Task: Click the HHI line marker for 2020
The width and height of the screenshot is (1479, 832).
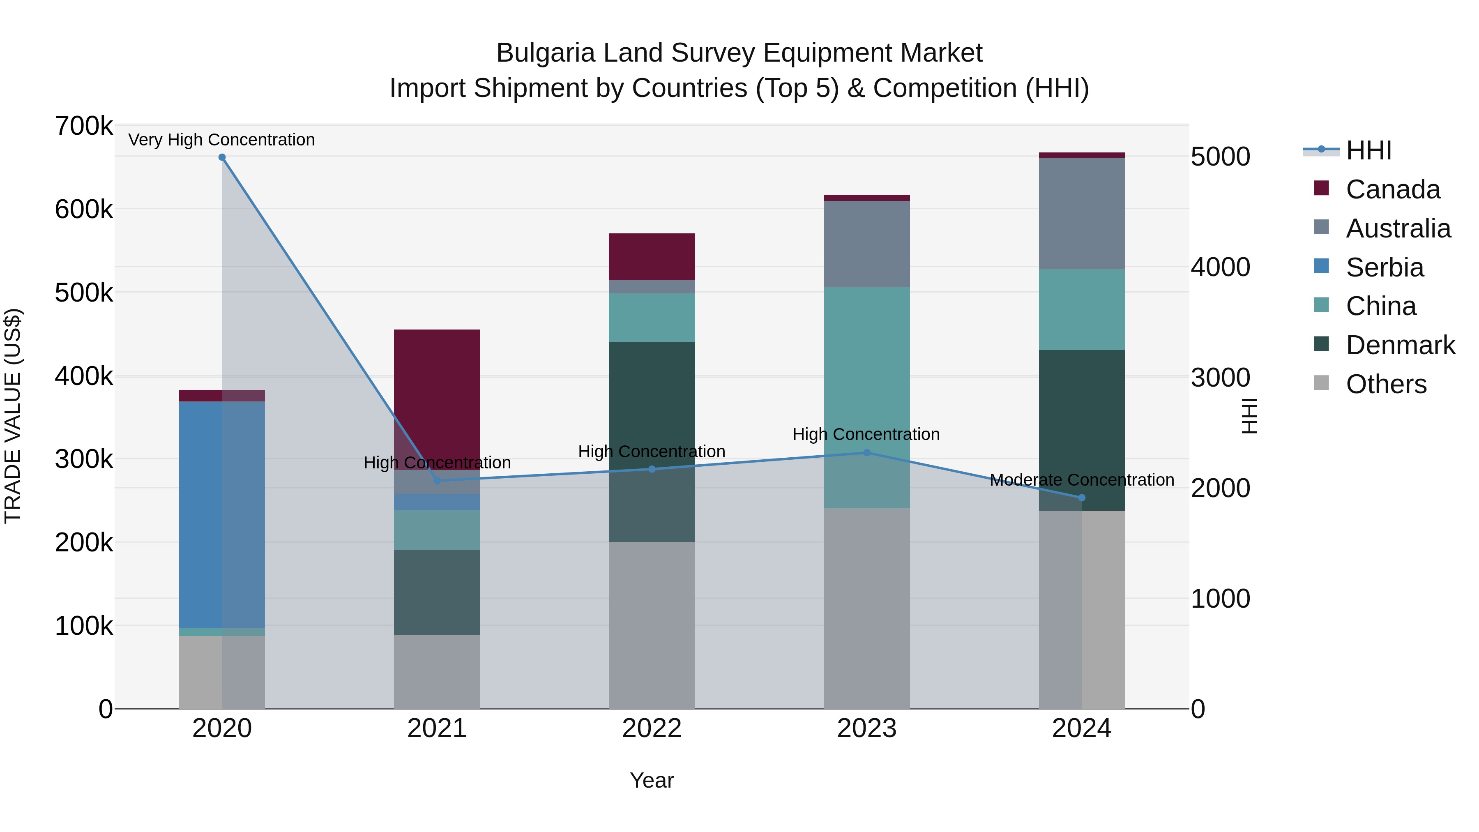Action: pyautogui.click(x=222, y=157)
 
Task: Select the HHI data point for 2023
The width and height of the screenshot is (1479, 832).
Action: pyautogui.click(x=867, y=453)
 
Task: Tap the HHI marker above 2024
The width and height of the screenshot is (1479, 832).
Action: pyautogui.click(x=1082, y=498)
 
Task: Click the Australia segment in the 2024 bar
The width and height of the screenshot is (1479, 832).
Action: pyautogui.click(x=1082, y=214)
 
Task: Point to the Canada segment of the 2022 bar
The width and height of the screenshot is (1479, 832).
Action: pyautogui.click(x=652, y=257)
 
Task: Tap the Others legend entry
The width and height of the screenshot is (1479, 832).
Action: pyautogui.click(x=1386, y=385)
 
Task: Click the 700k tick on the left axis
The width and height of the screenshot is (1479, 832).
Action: pyautogui.click(x=84, y=126)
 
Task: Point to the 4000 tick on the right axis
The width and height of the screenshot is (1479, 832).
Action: pyautogui.click(x=1221, y=267)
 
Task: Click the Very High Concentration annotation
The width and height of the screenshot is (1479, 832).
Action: pyautogui.click(x=221, y=140)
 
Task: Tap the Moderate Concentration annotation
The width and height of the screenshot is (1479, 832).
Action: pyautogui.click(x=1082, y=479)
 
